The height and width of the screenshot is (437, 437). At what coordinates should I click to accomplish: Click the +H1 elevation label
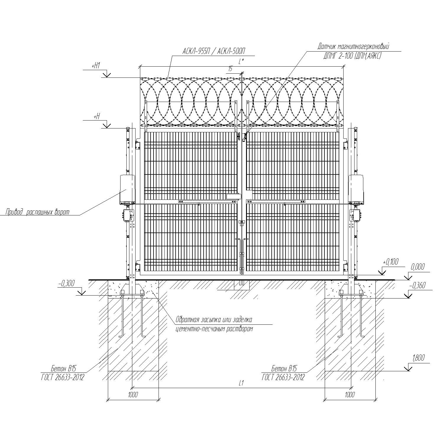tap(96, 66)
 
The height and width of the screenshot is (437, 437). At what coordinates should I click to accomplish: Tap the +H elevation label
tap(97, 117)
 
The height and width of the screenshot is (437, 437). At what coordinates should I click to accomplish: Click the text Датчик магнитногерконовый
tap(353, 47)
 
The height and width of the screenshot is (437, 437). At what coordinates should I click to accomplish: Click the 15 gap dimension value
tap(230, 69)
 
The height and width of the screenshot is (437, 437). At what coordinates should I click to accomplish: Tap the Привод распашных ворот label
tap(38, 212)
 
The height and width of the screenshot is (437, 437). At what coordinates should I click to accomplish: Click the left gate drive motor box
tap(127, 189)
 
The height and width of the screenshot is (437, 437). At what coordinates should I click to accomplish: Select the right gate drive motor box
tap(356, 189)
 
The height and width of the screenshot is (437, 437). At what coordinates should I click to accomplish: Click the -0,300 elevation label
tap(66, 283)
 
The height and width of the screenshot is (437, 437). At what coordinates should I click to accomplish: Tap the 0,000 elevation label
tap(418, 267)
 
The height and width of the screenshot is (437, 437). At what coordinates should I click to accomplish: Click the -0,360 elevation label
tap(417, 286)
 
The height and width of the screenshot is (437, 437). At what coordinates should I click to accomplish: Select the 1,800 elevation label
tap(418, 358)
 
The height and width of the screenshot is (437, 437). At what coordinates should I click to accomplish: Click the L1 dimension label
tap(241, 383)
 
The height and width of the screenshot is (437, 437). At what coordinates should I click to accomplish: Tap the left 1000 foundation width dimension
tap(133, 395)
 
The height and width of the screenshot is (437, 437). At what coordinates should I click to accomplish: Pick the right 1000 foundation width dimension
tap(350, 395)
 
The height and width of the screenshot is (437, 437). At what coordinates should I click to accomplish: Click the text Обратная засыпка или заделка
tap(214, 320)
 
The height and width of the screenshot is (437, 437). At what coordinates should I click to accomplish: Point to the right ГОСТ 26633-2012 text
tap(283, 377)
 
